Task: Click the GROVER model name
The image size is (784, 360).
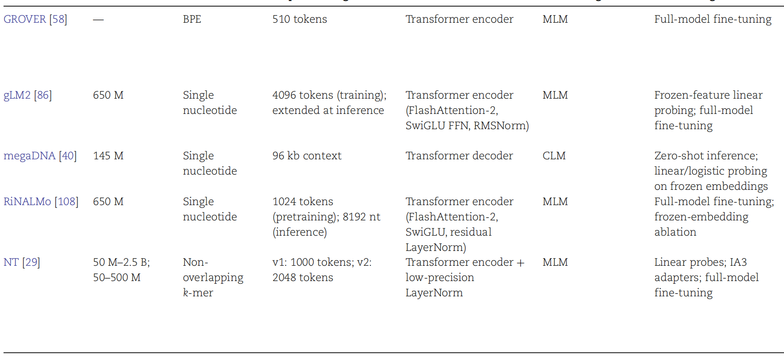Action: (x=24, y=19)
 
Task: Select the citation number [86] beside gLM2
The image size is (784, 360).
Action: (x=43, y=95)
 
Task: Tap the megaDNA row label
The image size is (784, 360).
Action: (x=29, y=156)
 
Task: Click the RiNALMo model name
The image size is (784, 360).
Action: (x=27, y=202)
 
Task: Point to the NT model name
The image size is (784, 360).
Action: (x=11, y=262)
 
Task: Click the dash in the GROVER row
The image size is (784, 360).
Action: (x=98, y=20)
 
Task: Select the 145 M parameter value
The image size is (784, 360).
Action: (x=108, y=156)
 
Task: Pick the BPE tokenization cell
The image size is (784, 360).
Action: (x=192, y=19)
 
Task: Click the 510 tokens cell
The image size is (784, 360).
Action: (x=299, y=19)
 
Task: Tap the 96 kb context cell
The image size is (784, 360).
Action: (x=307, y=156)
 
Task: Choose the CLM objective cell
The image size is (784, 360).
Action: (x=554, y=156)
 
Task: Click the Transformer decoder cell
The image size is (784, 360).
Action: (x=459, y=156)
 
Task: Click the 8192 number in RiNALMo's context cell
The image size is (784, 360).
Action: (x=354, y=217)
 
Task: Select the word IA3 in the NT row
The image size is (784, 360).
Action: (x=738, y=262)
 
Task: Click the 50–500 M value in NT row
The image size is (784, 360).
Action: (x=117, y=278)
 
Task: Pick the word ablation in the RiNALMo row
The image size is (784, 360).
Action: (x=675, y=232)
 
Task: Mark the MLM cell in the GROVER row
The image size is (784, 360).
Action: (x=555, y=19)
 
